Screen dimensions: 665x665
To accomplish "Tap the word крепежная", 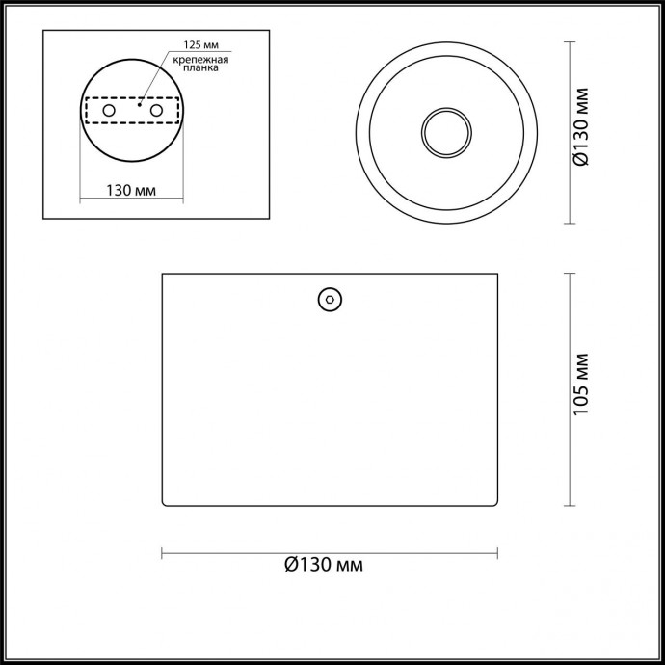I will [200, 60].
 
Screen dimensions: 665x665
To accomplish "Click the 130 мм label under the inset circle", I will [130, 190].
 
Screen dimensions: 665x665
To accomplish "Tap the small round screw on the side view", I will [330, 300].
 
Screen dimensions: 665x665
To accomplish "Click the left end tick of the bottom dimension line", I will [161, 552].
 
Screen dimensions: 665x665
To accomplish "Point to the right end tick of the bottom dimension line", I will [497, 552].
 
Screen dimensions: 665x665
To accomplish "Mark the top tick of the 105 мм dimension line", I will [569, 274].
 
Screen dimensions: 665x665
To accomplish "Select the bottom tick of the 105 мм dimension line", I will [569, 505].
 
